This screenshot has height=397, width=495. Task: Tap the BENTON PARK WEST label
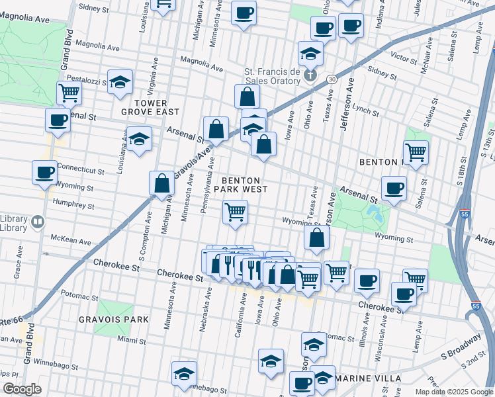[244, 185]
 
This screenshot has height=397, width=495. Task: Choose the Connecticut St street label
[80, 169]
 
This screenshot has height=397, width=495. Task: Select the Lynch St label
[365, 107]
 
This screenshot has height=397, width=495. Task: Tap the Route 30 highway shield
[332, 79]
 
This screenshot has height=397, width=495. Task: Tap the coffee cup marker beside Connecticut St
[45, 171]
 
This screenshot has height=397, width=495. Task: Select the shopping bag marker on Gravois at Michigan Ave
[162, 183]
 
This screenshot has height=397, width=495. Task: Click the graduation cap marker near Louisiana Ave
[139, 140]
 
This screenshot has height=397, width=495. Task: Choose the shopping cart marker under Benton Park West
[235, 213]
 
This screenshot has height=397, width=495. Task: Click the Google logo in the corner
[22, 390]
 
